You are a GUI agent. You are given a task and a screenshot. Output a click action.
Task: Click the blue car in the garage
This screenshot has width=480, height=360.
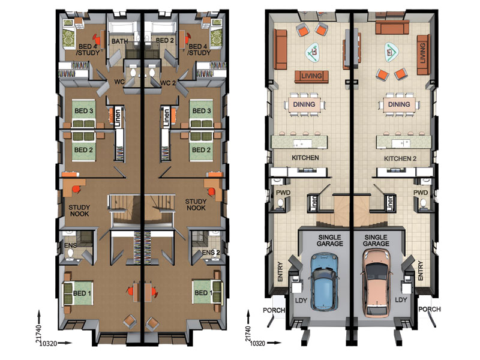tap(324, 281)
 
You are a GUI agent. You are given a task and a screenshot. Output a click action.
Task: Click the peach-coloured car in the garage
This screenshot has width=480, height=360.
tap(376, 283)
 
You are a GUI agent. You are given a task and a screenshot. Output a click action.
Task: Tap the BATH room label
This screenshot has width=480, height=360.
tap(119, 41)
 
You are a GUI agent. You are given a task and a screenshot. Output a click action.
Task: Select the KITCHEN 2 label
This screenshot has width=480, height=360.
tap(400, 158)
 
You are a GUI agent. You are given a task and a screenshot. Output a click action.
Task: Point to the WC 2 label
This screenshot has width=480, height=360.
tap(168, 83)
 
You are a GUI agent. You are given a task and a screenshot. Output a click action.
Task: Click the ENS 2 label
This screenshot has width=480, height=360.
tap(211, 253)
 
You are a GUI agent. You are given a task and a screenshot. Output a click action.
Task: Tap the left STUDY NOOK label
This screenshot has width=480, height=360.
tap(79, 211)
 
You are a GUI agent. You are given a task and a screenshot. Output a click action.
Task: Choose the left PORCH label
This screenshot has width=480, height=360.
tap(274, 310)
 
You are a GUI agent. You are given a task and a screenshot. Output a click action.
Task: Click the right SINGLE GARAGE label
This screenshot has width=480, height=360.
tap(376, 241)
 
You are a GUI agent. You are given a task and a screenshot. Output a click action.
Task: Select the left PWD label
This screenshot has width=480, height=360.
tap(283, 193)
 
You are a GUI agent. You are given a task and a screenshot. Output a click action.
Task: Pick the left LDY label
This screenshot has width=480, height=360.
tap(301, 301)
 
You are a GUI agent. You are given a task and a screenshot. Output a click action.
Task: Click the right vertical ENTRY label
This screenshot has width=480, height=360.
tap(421, 271)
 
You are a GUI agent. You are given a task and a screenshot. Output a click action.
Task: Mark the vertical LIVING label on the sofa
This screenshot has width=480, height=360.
tap(423, 53)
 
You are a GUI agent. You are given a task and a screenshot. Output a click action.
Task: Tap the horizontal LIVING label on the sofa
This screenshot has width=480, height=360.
tap(311, 76)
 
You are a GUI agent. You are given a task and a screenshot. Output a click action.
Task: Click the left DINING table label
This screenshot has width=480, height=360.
tap(304, 104)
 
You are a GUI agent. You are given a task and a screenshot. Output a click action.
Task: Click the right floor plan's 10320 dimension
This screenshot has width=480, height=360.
tap(257, 343)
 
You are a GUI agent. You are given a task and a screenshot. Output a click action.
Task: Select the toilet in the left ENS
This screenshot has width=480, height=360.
tap(71, 253)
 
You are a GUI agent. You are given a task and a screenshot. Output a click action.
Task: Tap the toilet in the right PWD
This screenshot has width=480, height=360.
tap(423, 203)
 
